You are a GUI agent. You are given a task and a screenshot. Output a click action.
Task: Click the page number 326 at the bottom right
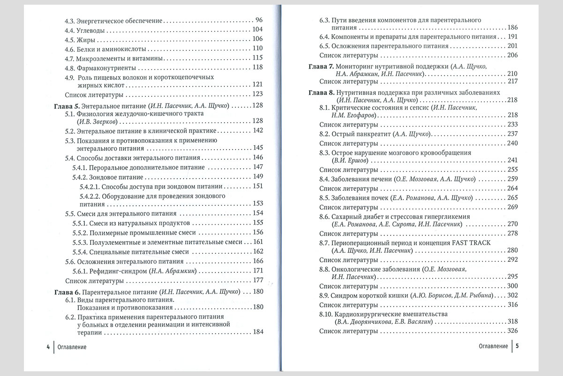click(x=512, y=331)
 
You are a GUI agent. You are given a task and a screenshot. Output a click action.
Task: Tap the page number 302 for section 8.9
click(x=512, y=295)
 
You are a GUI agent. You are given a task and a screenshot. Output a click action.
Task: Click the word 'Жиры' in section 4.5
click(x=85, y=39)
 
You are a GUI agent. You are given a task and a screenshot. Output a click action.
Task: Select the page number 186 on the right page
click(x=512, y=27)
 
